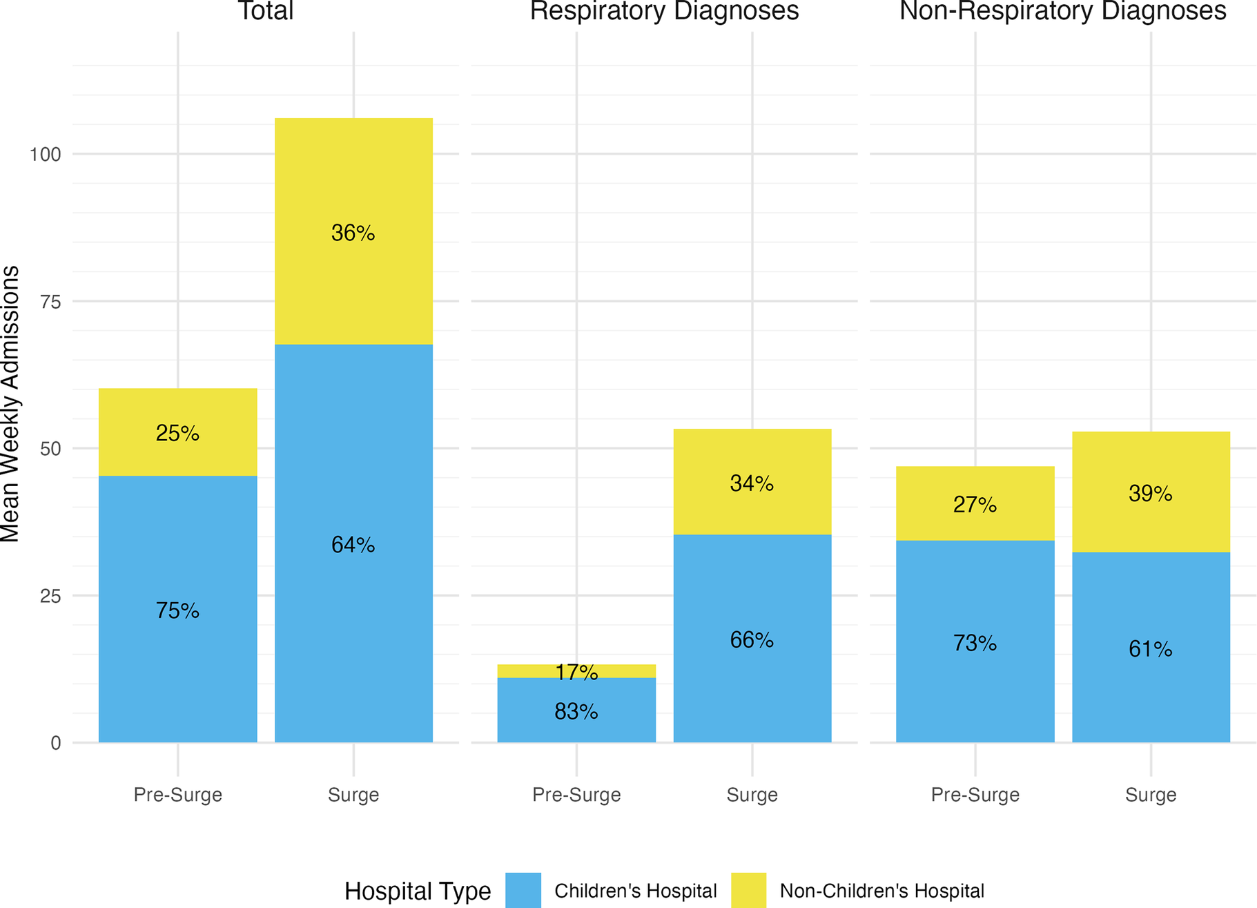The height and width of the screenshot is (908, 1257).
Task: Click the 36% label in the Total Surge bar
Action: tap(353, 233)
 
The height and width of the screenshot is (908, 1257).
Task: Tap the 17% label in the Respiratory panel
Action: tap(576, 672)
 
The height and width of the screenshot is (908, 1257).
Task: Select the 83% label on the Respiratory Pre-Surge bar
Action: tap(576, 712)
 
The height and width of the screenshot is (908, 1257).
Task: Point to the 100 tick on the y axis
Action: tap(46, 154)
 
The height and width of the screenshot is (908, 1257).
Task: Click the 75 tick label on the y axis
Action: tap(50, 302)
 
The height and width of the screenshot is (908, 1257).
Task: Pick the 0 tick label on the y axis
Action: tap(56, 744)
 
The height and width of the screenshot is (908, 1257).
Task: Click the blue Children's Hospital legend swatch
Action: tap(523, 890)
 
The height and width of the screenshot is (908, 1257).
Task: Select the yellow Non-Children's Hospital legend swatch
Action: tap(748, 890)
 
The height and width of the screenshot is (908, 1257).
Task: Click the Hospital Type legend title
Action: tap(417, 891)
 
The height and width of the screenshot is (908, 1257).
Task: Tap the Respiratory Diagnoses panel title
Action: tap(664, 11)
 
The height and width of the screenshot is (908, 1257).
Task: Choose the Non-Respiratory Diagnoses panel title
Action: tap(1062, 11)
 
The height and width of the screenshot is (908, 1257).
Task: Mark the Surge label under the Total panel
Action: tap(353, 795)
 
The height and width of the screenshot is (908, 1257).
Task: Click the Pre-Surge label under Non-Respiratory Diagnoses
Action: tap(975, 795)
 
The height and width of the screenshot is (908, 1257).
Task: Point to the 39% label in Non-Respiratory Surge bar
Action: tap(1150, 494)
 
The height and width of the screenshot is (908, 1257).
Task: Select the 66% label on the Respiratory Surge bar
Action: tap(752, 640)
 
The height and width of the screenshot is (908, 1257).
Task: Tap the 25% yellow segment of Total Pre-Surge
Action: tap(177, 433)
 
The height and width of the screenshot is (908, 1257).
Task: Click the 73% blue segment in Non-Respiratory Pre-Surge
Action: tap(975, 643)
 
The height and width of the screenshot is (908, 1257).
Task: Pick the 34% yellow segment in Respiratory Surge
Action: tap(752, 483)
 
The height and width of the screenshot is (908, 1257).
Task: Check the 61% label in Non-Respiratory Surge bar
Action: tap(1150, 649)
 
